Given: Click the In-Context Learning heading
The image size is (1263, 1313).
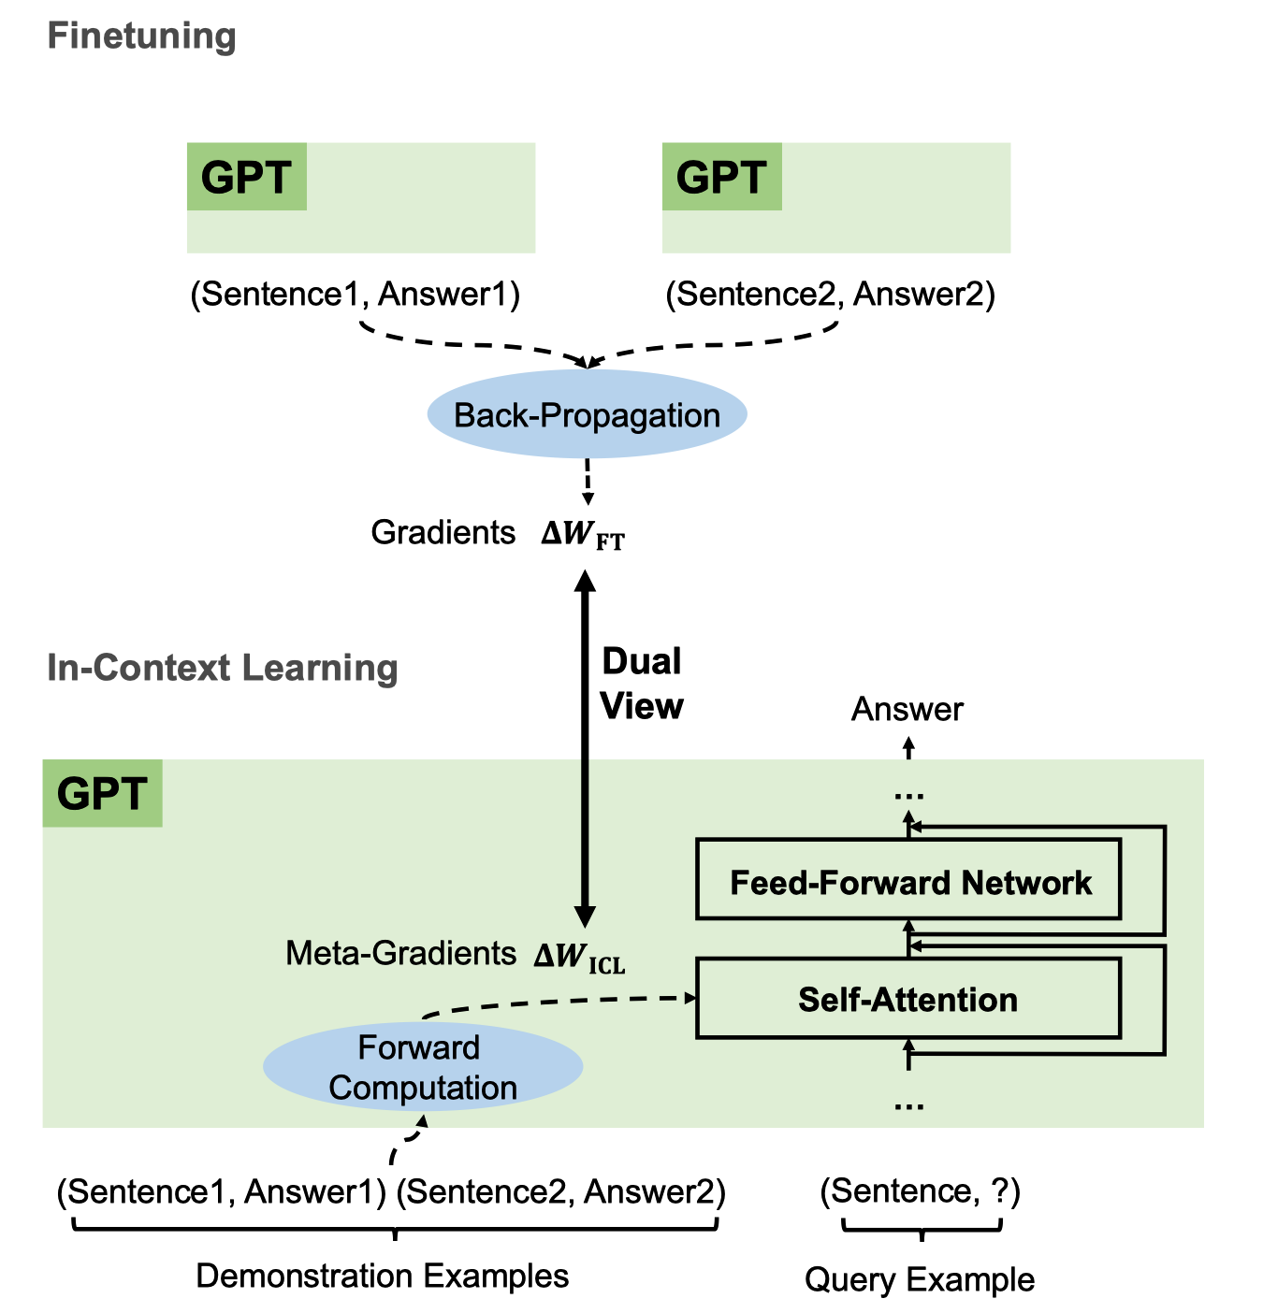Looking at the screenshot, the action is click(222, 669).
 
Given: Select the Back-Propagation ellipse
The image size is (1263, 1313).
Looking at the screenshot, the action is click(588, 413).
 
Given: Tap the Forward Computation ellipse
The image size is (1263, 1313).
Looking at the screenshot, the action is click(423, 1067).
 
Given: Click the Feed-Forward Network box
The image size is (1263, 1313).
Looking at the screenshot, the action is click(908, 879).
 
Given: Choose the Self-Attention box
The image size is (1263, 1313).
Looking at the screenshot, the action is click(908, 998).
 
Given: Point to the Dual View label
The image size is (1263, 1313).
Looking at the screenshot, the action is click(642, 684).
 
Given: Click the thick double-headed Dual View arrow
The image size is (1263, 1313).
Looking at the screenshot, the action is click(586, 748).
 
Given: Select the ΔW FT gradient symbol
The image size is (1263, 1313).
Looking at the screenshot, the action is click(583, 534).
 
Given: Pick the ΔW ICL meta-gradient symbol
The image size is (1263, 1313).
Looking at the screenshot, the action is click(579, 957).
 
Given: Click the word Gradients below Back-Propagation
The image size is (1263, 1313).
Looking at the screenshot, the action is click(443, 532).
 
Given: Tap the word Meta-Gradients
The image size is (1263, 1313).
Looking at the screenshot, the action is click(401, 953).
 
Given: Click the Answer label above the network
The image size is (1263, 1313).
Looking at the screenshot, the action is click(907, 709).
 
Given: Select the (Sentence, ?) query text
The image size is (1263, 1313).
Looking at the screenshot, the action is click(920, 1190).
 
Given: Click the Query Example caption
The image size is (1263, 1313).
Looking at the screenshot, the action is click(920, 1279).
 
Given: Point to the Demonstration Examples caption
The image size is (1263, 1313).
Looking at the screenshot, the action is click(382, 1276).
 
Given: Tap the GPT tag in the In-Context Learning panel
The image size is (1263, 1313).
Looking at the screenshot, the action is click(103, 793).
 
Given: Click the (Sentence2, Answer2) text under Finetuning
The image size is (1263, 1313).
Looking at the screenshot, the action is click(830, 295).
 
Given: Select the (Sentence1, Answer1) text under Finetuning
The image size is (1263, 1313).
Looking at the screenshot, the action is click(356, 295).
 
